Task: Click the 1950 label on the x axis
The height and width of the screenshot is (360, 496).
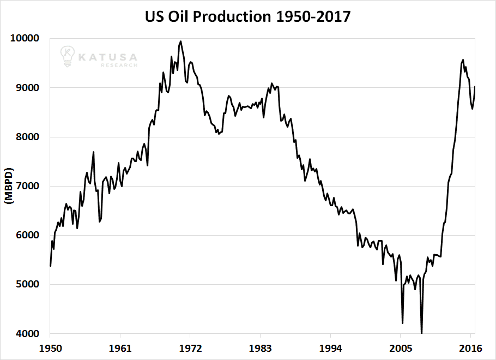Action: tap(50, 347)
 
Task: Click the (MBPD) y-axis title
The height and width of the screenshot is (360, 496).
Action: tap(9, 186)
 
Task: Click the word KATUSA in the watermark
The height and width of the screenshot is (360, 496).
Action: tap(107, 56)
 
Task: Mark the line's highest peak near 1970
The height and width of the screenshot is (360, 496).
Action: tap(181, 41)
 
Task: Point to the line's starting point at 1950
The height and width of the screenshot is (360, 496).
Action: tap(50, 266)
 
